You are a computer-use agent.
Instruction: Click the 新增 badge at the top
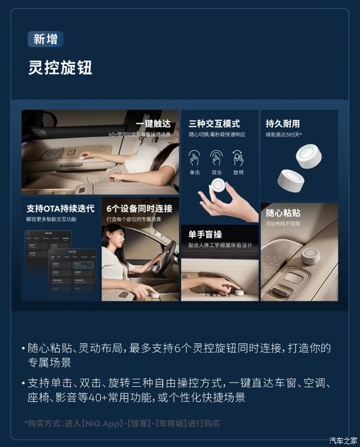[45, 39]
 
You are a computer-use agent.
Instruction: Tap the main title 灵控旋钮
[60, 67]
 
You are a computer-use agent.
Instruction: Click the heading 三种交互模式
[214, 124]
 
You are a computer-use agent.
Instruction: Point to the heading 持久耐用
[283, 124]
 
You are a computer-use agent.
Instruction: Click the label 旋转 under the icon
[237, 172]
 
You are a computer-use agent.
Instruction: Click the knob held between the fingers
[219, 186]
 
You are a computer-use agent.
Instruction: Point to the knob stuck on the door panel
[310, 256]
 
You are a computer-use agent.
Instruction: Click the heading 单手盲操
[205, 235]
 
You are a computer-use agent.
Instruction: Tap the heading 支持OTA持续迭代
[59, 208]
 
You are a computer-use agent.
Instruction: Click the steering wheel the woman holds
[168, 256]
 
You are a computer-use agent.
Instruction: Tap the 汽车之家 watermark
[343, 439]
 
